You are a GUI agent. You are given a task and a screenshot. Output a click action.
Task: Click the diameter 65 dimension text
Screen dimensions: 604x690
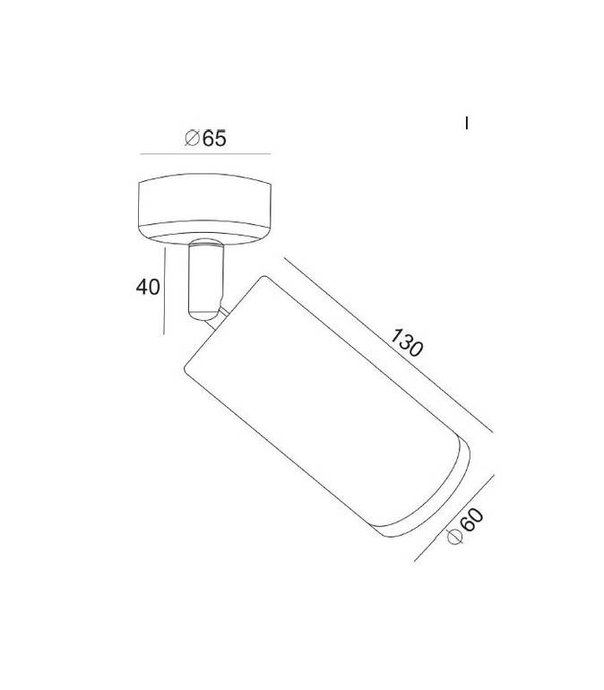pos(205,138)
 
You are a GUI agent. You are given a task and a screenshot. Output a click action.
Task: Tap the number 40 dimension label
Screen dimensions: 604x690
pos(148,288)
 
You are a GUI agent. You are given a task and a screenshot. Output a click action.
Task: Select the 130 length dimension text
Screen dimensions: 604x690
pos(407,342)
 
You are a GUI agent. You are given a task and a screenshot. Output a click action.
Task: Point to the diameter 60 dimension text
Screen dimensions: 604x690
pos(465,526)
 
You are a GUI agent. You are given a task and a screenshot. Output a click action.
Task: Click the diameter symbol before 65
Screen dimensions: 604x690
pos(193,138)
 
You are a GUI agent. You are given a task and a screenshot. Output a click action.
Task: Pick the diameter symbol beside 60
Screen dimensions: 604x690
pos(454,537)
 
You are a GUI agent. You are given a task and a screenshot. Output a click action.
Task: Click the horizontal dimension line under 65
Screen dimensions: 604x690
pos(205,154)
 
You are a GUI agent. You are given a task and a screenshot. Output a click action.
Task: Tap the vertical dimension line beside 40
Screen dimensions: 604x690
pos(164,291)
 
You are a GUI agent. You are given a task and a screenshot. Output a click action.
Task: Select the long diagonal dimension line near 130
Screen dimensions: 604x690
pos(388,345)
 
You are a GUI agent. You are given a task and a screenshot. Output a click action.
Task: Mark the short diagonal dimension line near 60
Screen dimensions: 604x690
pos(454,518)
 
